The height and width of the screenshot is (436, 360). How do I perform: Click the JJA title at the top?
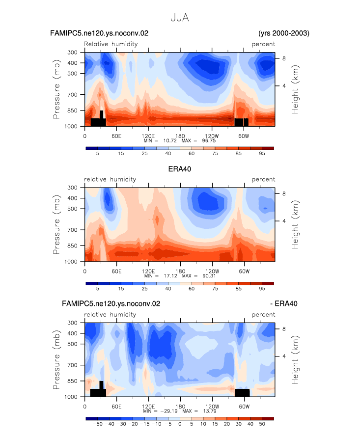tap(180, 18)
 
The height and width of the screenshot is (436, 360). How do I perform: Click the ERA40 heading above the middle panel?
tap(180, 169)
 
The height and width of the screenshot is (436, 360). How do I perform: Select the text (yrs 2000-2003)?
tap(284, 33)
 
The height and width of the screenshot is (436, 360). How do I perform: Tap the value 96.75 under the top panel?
tap(209, 141)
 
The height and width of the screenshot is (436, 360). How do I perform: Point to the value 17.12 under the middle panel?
tap(170, 276)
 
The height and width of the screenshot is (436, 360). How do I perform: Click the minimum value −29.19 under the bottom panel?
tap(169, 411)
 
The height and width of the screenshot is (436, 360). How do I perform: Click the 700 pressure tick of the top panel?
tap(72, 95)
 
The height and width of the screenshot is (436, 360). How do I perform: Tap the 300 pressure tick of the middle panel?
tap(72, 188)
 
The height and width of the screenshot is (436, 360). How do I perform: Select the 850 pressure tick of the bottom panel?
tap(72, 381)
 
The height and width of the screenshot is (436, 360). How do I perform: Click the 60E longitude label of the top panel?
tap(116, 136)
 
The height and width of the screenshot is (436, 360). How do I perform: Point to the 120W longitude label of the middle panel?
tap(212, 272)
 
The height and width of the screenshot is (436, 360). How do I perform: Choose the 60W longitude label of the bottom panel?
tap(244, 407)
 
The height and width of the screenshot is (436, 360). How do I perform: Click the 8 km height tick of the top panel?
tap(284, 58)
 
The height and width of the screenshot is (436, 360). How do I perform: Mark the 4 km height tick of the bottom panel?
tap(284, 356)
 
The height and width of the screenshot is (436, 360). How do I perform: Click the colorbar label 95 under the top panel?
tap(262, 154)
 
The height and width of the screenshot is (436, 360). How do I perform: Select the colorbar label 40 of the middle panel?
tap(168, 289)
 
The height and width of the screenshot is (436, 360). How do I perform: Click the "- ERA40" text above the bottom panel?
tap(284, 303)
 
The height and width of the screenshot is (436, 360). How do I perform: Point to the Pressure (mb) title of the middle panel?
tap(56, 224)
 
